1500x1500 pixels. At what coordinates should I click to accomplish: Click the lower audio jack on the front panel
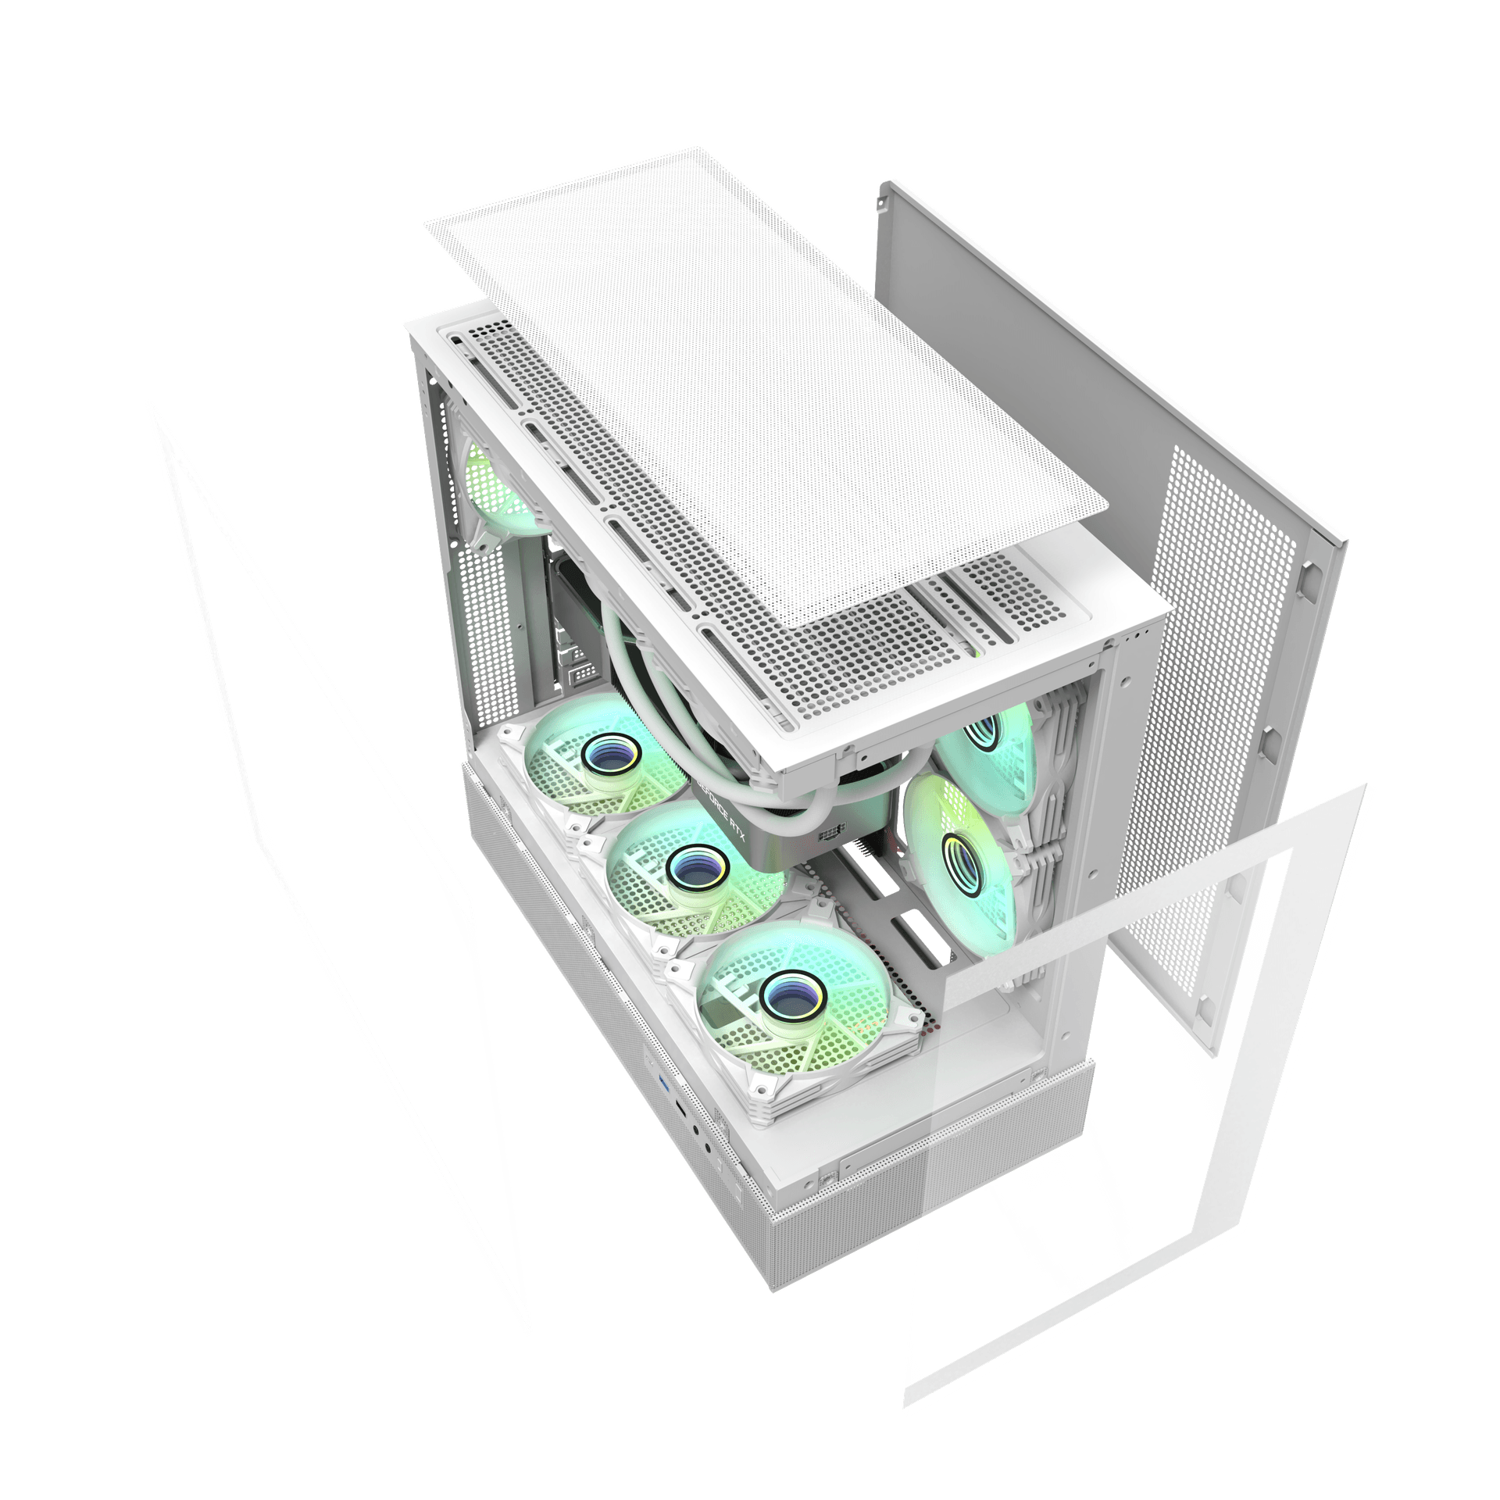[x=707, y=1147]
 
